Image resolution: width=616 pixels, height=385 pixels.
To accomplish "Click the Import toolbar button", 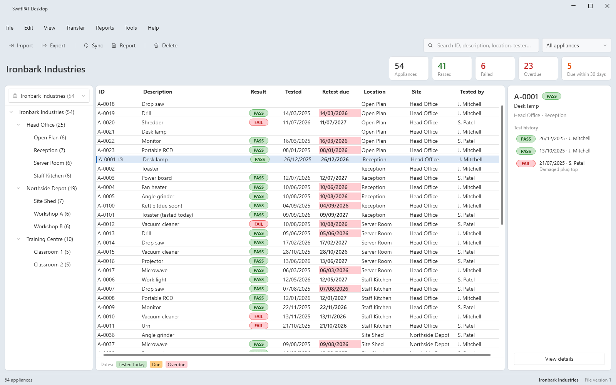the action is click(x=21, y=45).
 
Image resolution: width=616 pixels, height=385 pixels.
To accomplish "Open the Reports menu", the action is click(x=105, y=28).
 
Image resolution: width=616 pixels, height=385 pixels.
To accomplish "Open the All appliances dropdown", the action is click(x=576, y=45).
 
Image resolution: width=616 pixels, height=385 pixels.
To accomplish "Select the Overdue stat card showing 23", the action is click(x=538, y=69).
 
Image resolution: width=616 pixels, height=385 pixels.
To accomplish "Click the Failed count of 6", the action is click(x=483, y=66).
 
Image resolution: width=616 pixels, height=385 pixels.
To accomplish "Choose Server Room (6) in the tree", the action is click(x=52, y=163).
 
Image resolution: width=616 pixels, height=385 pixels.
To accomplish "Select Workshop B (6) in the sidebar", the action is click(x=52, y=226).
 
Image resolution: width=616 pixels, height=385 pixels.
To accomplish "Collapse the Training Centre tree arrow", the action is click(x=18, y=239).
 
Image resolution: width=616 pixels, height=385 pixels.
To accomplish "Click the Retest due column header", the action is click(x=335, y=92).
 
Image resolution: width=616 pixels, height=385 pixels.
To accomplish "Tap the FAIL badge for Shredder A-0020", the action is click(x=258, y=122).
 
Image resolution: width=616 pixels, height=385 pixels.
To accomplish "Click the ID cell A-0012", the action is click(x=106, y=224).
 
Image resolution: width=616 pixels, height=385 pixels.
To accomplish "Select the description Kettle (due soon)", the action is click(x=162, y=206).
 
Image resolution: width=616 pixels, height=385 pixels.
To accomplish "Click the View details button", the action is click(x=559, y=358).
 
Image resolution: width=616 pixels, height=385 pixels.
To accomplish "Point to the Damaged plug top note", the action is click(x=558, y=169).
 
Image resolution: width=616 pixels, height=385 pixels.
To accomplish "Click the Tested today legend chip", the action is click(x=131, y=364).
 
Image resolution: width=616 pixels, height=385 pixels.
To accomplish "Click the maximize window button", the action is click(x=590, y=6).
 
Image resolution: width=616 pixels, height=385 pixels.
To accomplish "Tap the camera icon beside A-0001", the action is click(x=121, y=159).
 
